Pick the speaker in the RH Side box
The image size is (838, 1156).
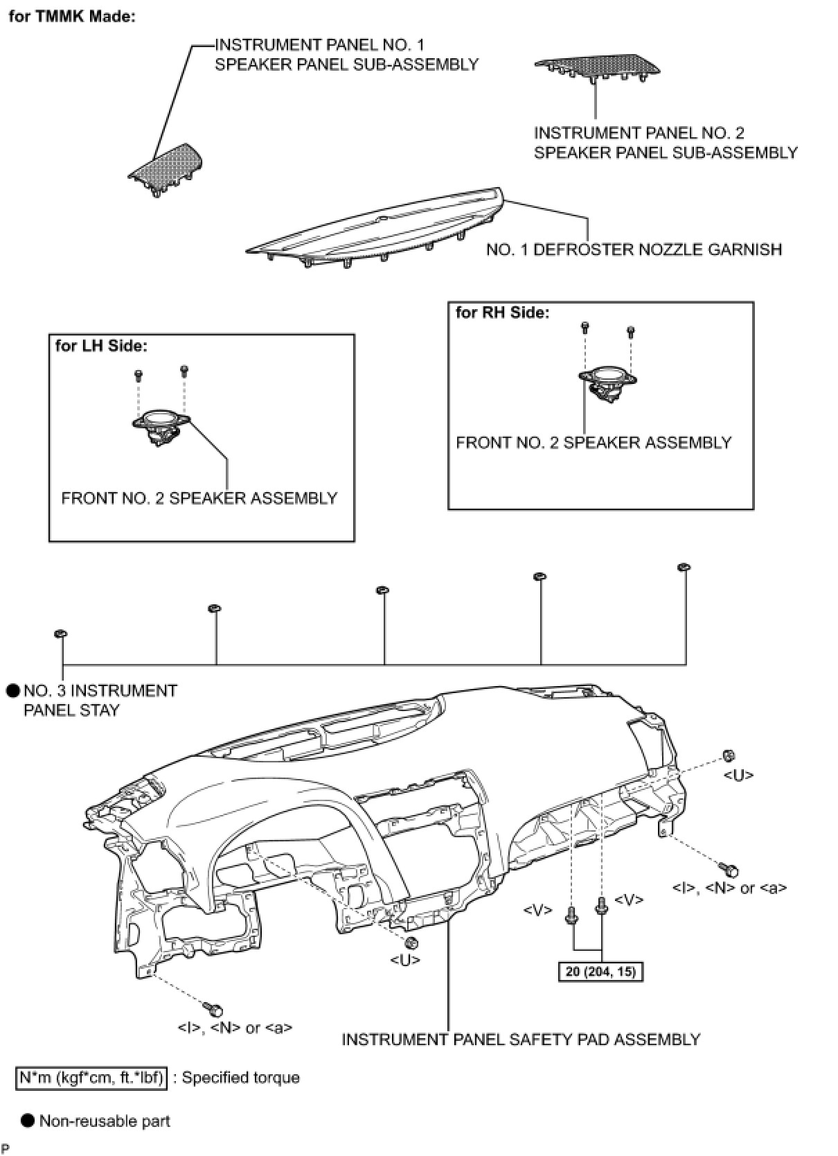607,383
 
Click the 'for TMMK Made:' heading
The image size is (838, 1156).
71,17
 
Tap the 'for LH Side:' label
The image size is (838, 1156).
101,346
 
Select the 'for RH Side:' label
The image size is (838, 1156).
502,313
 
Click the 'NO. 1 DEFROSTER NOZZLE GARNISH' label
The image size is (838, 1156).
634,249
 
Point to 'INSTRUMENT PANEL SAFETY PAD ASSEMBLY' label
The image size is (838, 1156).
521,1040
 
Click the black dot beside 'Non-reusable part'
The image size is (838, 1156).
28,1121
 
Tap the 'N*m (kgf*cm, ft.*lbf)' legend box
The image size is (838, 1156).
91,1078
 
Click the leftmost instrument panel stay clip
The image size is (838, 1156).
60,633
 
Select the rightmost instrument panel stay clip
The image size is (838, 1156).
684,568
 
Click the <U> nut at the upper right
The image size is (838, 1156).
728,756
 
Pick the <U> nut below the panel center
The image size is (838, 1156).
410,943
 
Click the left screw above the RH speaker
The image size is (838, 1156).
585,326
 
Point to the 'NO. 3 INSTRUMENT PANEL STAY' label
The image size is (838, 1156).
100,700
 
